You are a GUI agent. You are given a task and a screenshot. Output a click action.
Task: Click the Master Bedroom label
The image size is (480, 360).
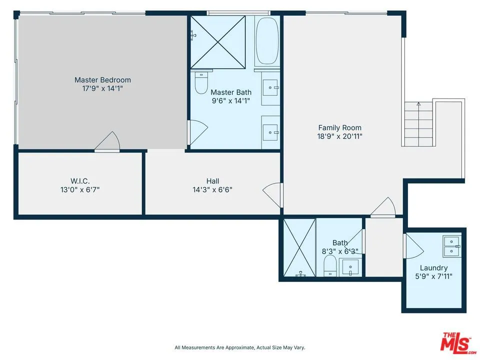(x=102, y=79)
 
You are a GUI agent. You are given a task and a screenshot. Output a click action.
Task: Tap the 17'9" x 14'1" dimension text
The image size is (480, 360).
(x=102, y=88)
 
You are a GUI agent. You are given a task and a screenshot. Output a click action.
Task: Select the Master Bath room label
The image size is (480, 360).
(x=230, y=92)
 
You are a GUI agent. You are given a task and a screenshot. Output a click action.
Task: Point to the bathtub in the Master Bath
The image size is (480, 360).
(x=267, y=40)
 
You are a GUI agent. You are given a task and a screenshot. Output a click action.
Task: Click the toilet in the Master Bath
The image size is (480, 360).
(x=201, y=83)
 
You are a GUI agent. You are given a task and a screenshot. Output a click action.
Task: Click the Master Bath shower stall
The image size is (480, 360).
(x=218, y=42)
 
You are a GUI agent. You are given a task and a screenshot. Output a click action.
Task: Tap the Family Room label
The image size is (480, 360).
(x=339, y=127)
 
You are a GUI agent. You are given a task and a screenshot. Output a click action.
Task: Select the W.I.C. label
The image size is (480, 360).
(x=80, y=181)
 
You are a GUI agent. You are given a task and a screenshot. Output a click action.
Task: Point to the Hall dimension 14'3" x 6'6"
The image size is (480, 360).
(x=212, y=189)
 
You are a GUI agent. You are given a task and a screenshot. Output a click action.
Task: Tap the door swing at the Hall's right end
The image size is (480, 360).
(x=272, y=193)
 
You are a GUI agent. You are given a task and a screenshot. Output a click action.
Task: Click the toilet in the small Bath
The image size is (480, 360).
(x=330, y=266)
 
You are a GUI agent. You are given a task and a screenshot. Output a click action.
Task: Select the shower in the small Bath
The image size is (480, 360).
(x=299, y=247)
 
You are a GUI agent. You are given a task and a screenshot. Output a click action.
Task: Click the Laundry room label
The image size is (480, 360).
(x=433, y=268)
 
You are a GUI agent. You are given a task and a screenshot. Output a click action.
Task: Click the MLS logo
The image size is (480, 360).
(x=455, y=342)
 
